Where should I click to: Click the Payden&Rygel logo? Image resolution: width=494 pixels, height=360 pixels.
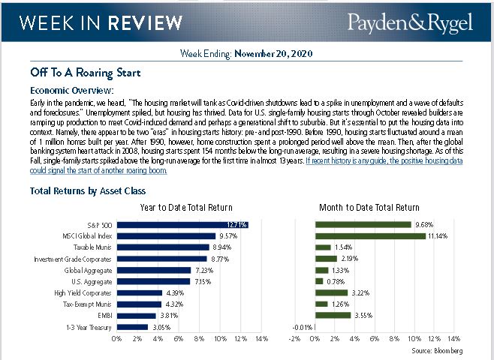coord(409,23)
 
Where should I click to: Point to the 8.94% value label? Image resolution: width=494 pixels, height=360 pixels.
coord(221,247)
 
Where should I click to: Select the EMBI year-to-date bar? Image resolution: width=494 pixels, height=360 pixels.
coord(136,316)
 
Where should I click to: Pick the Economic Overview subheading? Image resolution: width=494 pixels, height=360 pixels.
coord(72,90)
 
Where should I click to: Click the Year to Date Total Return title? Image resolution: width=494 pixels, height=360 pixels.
coord(186,206)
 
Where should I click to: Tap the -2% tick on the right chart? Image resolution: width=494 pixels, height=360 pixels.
coord(294,339)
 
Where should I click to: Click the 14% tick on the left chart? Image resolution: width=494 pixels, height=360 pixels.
coord(261,339)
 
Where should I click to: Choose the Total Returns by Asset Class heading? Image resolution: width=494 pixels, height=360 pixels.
coord(88,190)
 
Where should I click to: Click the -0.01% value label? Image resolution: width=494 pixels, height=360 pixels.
coord(301,327)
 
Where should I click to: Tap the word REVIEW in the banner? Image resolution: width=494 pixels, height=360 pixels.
coord(137,23)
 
